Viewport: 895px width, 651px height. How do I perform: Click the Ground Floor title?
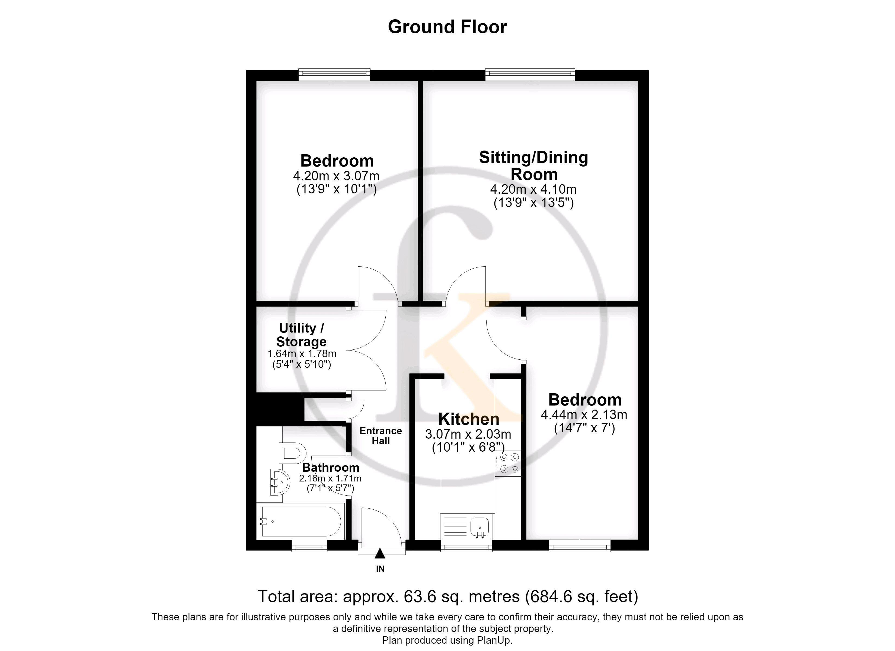point(447,27)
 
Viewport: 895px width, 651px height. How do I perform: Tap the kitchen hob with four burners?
point(508,463)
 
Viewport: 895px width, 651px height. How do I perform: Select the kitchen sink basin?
point(480,527)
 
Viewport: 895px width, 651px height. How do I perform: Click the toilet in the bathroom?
point(292,453)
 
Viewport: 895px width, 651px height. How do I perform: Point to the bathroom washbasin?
point(279,482)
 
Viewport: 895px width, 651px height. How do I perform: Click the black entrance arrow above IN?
point(380,554)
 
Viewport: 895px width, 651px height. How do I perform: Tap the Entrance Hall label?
point(381,436)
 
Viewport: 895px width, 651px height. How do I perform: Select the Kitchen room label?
point(469,419)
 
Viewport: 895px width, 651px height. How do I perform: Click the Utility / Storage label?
point(302,335)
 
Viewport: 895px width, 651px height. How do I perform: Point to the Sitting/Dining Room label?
point(533,166)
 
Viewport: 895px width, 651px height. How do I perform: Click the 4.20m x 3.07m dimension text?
point(336,176)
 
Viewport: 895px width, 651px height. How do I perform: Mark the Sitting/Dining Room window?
point(530,74)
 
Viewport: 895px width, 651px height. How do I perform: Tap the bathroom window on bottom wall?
point(309,546)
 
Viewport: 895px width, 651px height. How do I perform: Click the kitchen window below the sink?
point(466,546)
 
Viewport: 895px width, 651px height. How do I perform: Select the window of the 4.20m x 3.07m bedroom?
point(335,74)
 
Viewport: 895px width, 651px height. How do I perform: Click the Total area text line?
point(448,596)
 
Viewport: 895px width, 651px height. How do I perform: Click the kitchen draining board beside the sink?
point(455,527)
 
